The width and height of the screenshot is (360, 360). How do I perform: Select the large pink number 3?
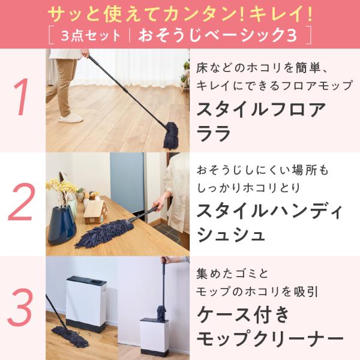tap(20, 307)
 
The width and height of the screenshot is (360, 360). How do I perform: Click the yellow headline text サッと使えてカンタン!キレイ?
tap(180, 14)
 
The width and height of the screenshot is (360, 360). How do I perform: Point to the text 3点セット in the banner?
tap(91, 36)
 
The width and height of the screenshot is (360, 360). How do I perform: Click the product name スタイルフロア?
tap(261, 110)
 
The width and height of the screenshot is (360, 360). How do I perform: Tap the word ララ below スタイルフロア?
tap(213, 133)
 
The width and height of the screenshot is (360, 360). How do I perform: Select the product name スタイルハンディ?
tap(270, 211)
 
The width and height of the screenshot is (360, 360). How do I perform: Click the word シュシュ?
tap(231, 235)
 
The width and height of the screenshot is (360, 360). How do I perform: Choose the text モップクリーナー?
tap(270, 338)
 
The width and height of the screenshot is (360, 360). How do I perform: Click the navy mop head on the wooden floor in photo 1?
tap(171, 135)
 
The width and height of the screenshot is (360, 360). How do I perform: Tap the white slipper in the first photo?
tap(70, 118)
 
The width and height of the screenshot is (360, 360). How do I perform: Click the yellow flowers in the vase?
tap(61, 185)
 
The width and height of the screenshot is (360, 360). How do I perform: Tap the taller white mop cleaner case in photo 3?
tap(86, 304)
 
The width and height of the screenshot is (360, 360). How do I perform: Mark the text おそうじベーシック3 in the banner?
tap(217, 35)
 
